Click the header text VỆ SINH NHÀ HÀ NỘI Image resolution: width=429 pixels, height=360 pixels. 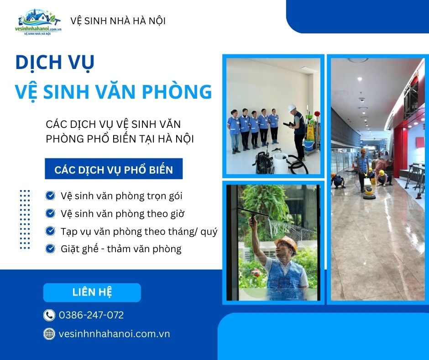pyautogui.click(x=118, y=21)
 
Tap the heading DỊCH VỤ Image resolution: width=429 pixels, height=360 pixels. pyautogui.click(x=55, y=62)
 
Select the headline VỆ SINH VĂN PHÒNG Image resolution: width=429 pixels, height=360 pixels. pyautogui.click(x=114, y=91)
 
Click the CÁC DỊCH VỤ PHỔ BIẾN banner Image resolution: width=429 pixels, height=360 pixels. pyautogui.click(x=114, y=170)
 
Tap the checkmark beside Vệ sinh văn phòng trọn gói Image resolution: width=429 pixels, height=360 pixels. pyautogui.click(x=50, y=196)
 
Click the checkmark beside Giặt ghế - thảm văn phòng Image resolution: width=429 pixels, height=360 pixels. pyautogui.click(x=50, y=249)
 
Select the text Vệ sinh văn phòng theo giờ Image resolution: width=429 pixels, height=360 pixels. pyautogui.click(x=122, y=213)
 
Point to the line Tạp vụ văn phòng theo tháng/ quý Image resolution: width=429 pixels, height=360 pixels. pyautogui.click(x=139, y=231)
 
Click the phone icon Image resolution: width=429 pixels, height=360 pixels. pyautogui.click(x=49, y=315)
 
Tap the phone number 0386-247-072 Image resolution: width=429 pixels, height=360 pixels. pyautogui.click(x=91, y=315)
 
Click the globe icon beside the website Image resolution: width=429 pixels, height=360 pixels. pyautogui.click(x=49, y=334)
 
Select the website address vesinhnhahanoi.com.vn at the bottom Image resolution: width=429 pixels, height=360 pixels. pyautogui.click(x=115, y=334)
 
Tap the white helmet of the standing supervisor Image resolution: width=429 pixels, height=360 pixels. pyautogui.click(x=291, y=107)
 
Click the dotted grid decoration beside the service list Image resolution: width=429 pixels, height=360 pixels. pyautogui.click(x=25, y=219)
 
